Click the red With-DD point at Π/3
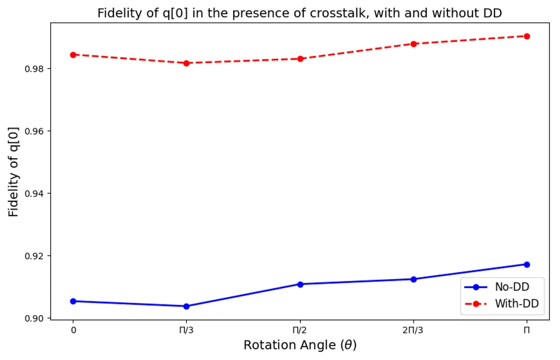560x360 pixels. (186, 63)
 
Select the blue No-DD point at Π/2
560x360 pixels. (300, 284)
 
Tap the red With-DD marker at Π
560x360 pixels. (527, 36)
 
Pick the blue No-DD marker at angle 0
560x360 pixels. (73, 301)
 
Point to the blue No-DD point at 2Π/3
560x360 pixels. (414, 279)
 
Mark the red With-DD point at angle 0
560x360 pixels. (73, 54)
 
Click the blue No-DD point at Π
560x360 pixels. (527, 264)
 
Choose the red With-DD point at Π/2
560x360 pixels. (300, 59)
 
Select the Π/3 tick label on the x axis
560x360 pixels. (186, 330)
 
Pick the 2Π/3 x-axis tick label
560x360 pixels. (414, 330)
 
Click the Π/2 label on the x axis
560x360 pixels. (300, 330)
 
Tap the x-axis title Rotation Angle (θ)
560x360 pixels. (300, 345)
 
